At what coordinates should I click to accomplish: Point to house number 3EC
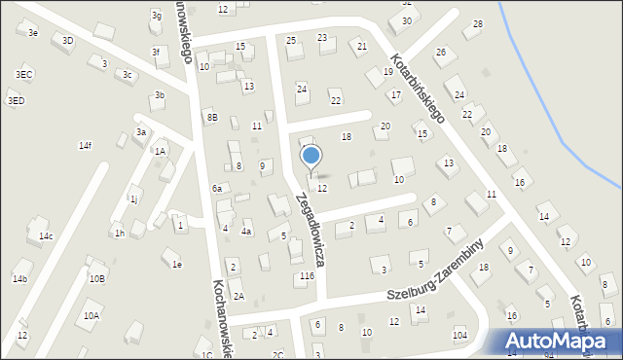pos(24,74)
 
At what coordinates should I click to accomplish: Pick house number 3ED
pos(16,100)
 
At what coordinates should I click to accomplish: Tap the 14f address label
pos(86,145)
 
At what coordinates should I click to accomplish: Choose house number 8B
pos(212,117)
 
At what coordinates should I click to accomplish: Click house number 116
pos(308,276)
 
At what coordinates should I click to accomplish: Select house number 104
pos(460,335)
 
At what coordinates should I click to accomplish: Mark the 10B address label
pos(96,278)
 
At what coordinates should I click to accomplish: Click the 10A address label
pos(92,315)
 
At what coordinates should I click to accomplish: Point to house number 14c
pos(46,235)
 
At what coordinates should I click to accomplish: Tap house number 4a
pos(247,232)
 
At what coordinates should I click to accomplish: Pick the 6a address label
pos(218,188)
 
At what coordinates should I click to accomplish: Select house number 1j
pos(133,198)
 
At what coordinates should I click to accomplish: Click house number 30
pos(407,20)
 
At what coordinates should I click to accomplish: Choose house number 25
pos(291,40)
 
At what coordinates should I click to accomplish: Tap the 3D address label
pos(67,41)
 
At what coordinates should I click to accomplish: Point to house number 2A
pos(238,295)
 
